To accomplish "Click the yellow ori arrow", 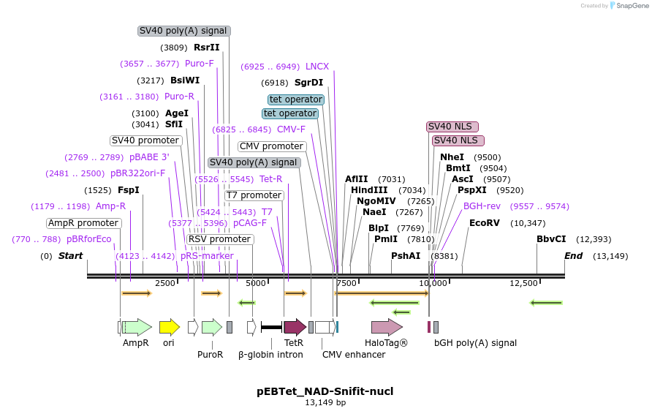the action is (170, 327).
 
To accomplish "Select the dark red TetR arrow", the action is (295, 327).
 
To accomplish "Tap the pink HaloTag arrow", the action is (387, 327).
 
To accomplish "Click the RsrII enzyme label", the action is (207, 48).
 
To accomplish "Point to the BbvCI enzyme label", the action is (551, 239).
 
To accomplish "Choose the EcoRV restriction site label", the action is (485, 223).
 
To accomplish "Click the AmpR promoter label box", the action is (83, 223).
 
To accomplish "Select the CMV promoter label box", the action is (272, 146).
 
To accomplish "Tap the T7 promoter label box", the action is (254, 195).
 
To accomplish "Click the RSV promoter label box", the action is (220, 239).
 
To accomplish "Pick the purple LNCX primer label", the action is (317, 67).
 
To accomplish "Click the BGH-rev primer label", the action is (482, 206).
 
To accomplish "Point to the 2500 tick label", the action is (165, 283).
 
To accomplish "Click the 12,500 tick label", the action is (523, 283).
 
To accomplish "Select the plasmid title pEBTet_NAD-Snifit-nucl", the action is (325, 391).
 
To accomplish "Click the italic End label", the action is (573, 256).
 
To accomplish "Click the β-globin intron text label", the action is (270, 355).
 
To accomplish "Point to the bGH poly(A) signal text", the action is (475, 343).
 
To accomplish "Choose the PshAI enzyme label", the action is (406, 256).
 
